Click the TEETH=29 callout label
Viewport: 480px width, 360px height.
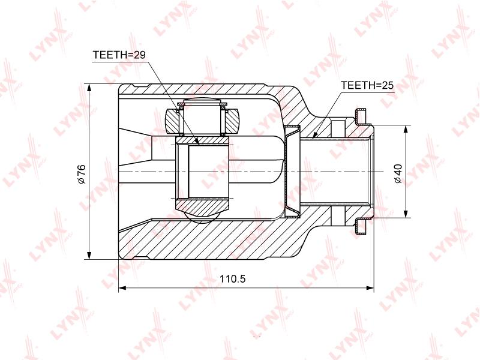(119, 55)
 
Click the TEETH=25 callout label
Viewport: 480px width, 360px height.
(367, 85)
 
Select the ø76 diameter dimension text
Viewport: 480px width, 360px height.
(82, 174)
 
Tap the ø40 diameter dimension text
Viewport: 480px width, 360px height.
(398, 173)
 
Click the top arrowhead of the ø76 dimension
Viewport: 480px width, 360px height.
(89, 88)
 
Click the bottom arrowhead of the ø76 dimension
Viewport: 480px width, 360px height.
(89, 256)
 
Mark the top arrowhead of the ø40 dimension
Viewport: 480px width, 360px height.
(406, 129)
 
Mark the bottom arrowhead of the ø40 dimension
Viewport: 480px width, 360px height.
(406, 214)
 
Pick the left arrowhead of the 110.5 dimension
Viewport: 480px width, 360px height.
(122, 288)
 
